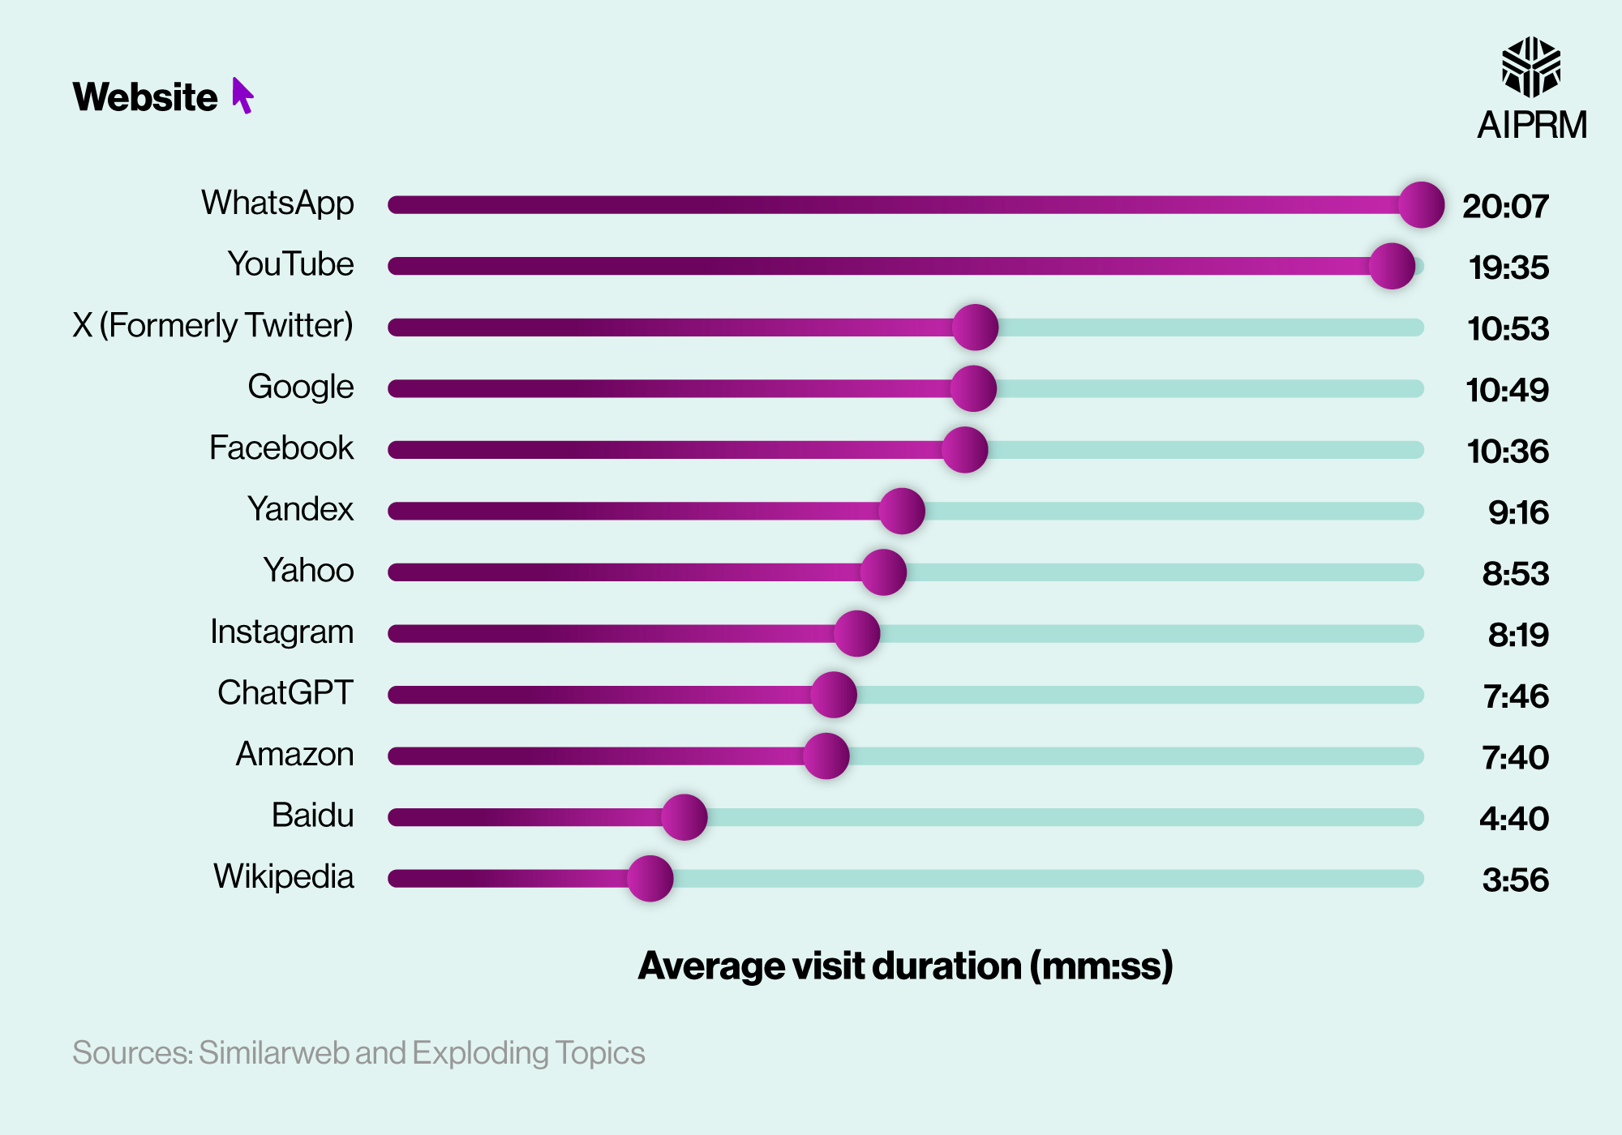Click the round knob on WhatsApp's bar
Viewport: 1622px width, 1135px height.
(x=1421, y=204)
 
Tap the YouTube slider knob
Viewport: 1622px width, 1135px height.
(x=1392, y=266)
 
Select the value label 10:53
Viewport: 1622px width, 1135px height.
(x=1508, y=328)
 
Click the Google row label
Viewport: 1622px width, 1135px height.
(x=300, y=387)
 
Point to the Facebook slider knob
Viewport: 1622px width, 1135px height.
(x=964, y=450)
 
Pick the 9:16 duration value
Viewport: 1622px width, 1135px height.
(x=1517, y=512)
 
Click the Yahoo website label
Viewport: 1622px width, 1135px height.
(x=308, y=571)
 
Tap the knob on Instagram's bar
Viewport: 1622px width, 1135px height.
(x=856, y=633)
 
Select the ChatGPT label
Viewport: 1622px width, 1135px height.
(x=285, y=693)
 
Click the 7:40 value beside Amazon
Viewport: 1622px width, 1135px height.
(x=1515, y=757)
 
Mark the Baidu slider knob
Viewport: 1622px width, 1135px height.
(x=684, y=817)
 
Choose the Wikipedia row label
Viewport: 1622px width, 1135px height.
(x=283, y=876)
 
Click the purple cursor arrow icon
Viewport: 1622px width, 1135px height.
(x=242, y=96)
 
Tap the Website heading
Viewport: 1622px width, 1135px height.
(x=145, y=97)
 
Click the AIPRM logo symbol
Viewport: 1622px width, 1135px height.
(x=1530, y=66)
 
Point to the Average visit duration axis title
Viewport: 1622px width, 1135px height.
(x=905, y=966)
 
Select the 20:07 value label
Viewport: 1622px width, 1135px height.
(x=1505, y=206)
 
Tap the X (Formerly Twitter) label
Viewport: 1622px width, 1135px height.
(x=212, y=325)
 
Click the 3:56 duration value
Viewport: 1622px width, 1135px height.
(x=1515, y=880)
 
